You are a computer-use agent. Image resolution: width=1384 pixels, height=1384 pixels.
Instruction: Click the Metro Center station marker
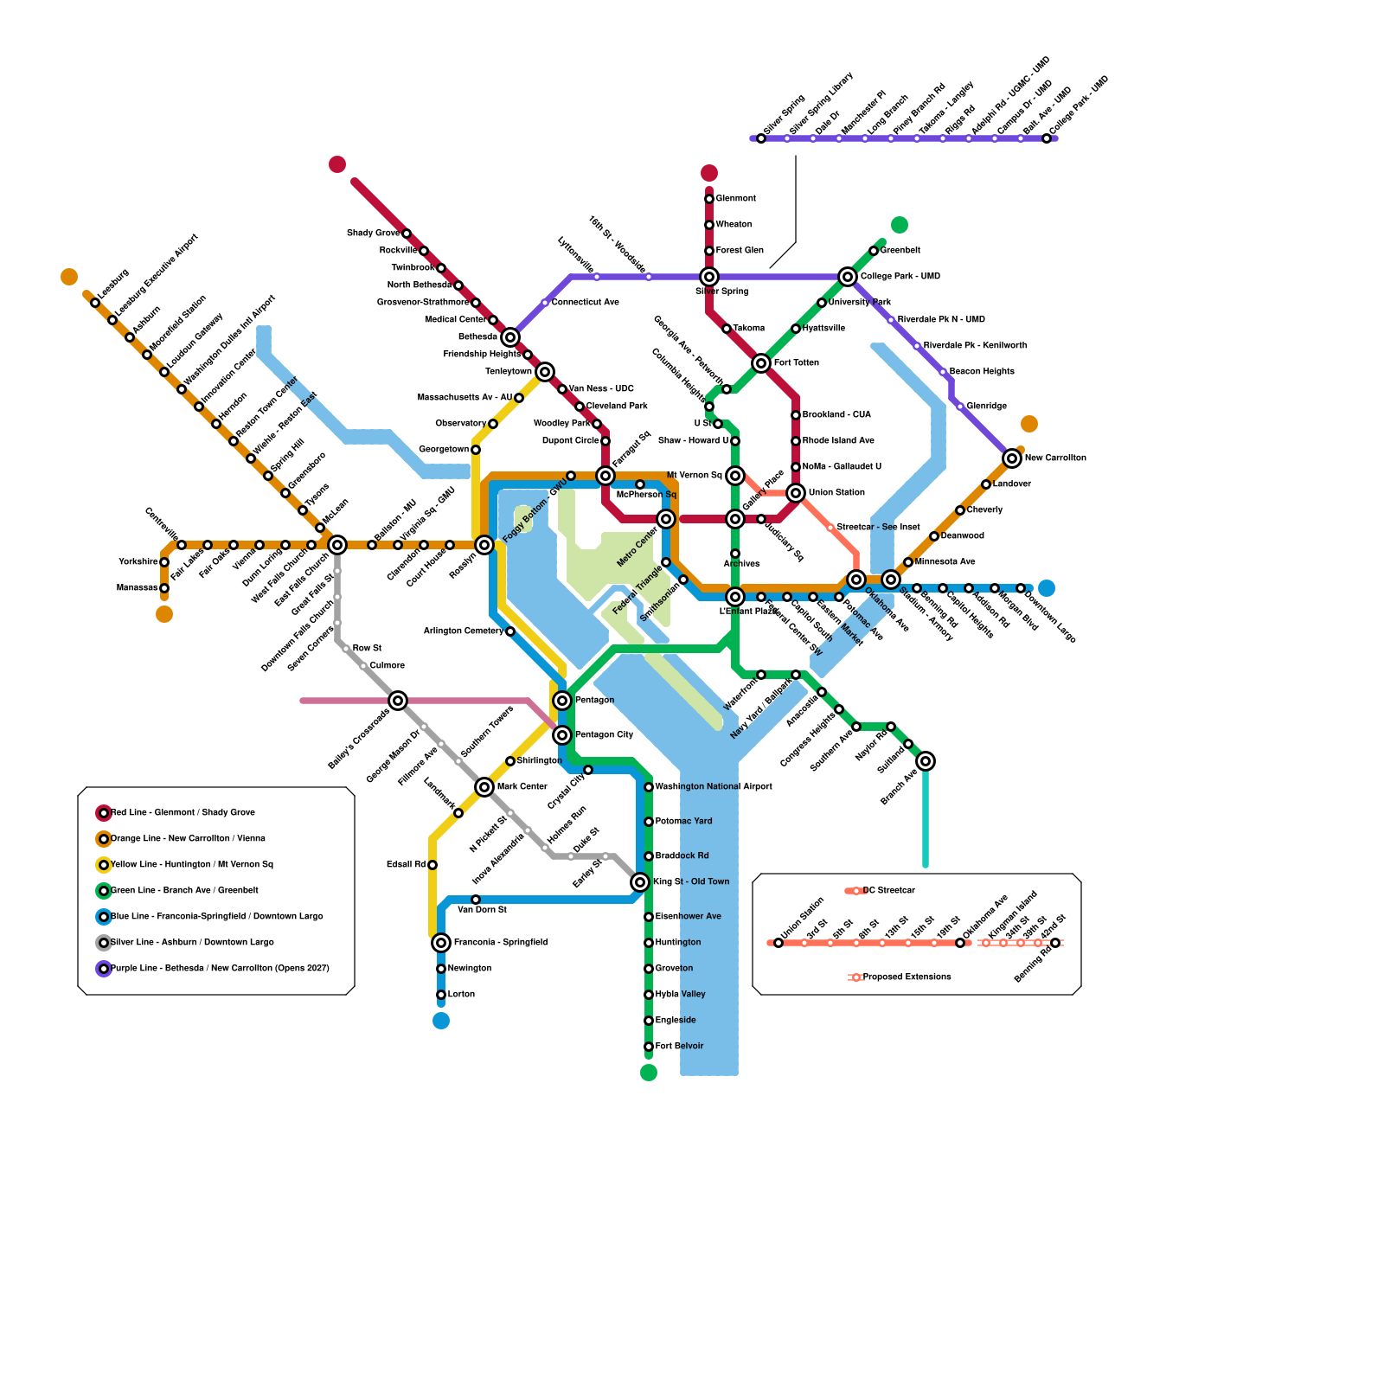(666, 519)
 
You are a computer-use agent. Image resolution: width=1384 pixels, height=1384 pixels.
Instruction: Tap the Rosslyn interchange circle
(484, 545)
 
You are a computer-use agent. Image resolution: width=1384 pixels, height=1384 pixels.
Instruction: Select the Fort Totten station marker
(761, 363)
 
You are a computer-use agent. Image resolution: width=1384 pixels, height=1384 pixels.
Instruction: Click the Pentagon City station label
(604, 735)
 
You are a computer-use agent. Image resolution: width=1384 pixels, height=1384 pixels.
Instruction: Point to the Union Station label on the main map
(836, 493)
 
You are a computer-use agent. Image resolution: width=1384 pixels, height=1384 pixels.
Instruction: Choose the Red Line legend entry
(183, 813)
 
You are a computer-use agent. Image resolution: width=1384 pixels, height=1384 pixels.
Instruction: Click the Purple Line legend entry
(220, 969)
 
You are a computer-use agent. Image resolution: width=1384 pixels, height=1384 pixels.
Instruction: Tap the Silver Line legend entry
(192, 943)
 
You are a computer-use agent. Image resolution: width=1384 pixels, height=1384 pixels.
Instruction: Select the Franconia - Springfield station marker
(441, 943)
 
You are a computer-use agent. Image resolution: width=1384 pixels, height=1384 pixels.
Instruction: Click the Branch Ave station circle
(926, 761)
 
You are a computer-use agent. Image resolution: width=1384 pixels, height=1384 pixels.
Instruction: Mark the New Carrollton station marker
(1012, 458)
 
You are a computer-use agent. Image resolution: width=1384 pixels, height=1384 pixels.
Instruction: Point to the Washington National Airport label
(714, 787)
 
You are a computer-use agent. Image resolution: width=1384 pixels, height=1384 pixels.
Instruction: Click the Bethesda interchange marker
(510, 337)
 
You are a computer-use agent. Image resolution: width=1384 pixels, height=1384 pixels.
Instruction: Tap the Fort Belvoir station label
(679, 1047)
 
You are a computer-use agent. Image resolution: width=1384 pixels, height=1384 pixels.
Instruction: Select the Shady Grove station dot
(407, 234)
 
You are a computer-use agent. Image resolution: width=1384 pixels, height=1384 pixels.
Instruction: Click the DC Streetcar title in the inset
(888, 891)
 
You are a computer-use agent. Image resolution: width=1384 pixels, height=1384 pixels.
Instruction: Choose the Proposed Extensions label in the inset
(907, 977)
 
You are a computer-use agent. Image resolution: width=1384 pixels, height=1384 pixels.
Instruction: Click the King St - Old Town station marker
(640, 882)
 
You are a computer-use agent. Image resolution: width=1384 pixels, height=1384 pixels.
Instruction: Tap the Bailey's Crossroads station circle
(398, 701)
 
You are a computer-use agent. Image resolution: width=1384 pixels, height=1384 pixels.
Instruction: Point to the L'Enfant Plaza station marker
(735, 597)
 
